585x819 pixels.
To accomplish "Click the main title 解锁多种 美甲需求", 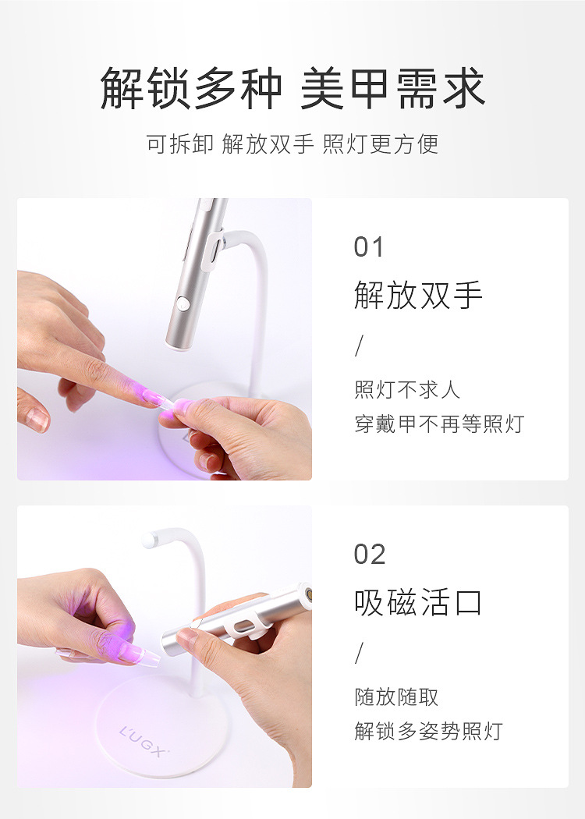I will [x=292, y=89].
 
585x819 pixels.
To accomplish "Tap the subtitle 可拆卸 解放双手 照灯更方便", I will [x=292, y=144].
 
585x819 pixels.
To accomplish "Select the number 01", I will [x=369, y=247].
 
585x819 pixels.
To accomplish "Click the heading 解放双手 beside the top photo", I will [x=418, y=296].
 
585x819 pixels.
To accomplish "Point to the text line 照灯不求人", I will [x=407, y=389].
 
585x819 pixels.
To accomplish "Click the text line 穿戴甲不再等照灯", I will [x=439, y=424].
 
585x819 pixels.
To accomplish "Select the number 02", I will [x=370, y=555].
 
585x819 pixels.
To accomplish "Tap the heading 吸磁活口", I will [x=418, y=603].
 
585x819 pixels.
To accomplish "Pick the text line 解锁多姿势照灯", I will [x=428, y=732].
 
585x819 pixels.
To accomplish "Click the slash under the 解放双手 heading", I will [x=359, y=346].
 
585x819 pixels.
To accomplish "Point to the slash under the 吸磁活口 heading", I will [x=359, y=653].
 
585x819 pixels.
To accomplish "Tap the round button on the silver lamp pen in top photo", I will [x=183, y=304].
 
